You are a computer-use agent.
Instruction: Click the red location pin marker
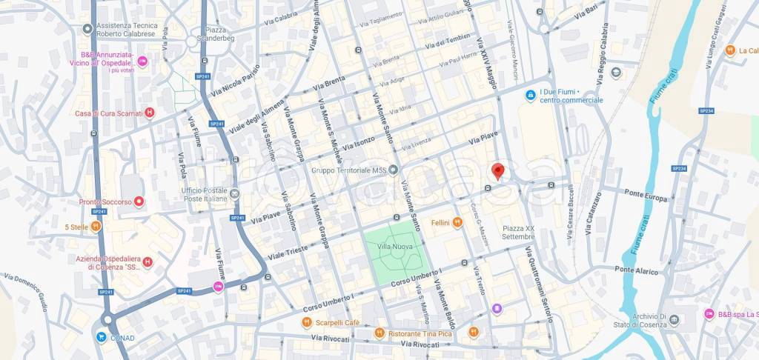point(498,170)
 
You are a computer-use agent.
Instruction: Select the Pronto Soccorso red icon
point(139,201)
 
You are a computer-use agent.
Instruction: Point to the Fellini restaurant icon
point(457,222)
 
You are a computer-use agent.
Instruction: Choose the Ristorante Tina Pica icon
point(379,333)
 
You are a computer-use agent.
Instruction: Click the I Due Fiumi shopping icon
point(531,96)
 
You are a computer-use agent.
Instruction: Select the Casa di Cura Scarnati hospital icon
point(150,113)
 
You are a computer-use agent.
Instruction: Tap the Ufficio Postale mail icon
point(234,195)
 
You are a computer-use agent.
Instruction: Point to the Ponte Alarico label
point(636,272)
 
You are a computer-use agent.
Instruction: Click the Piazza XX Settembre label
point(518,232)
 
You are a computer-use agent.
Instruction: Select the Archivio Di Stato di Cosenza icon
point(674,320)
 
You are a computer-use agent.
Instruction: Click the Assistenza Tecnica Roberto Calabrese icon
point(87,29)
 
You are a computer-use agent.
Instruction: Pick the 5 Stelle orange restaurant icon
point(96,227)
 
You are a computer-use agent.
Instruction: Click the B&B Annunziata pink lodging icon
point(142,60)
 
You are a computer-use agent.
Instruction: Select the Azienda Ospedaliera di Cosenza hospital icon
point(148,261)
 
